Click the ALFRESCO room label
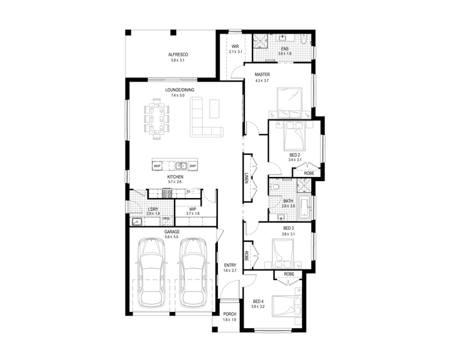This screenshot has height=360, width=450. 178,55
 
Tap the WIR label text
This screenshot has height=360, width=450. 235,46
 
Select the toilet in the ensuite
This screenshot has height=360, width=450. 304,39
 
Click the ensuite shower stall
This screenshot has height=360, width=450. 260,41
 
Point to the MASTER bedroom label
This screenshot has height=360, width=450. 262,74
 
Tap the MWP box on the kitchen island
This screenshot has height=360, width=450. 157,166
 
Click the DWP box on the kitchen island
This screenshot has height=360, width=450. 193,166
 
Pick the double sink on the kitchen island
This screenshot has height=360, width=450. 181,166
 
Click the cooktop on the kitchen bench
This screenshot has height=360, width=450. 167,193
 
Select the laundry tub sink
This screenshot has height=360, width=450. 137,221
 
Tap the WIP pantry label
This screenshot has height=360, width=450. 193,209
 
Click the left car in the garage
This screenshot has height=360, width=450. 151,272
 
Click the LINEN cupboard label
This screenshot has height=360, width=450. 246,178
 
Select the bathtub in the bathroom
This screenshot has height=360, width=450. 304,207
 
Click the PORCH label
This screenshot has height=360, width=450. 230,314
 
